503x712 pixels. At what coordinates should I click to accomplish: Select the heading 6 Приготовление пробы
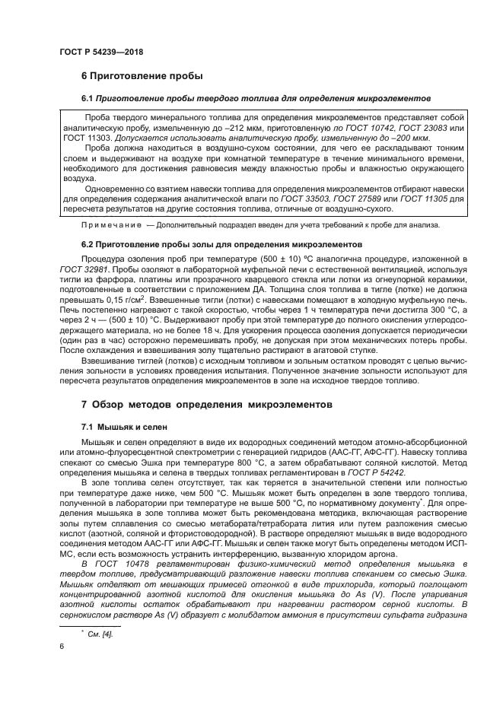142,77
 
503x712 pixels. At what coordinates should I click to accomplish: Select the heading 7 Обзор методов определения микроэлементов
206,405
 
